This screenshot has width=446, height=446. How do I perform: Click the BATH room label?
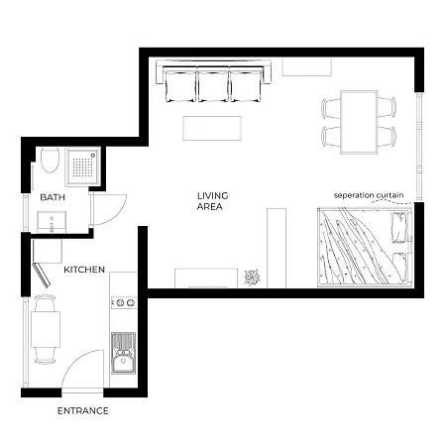[x=52, y=197]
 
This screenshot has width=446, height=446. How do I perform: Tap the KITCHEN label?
[x=84, y=270]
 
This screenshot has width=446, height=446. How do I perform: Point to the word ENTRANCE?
[x=82, y=410]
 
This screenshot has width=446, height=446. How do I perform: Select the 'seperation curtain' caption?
[x=370, y=194]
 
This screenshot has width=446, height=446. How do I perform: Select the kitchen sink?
[x=123, y=358]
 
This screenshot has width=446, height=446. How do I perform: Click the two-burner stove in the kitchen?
[x=123, y=301]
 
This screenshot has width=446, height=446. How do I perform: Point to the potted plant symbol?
[x=251, y=277]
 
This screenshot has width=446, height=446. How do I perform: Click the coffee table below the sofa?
[x=212, y=129]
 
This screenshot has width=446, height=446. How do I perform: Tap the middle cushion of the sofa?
[x=214, y=85]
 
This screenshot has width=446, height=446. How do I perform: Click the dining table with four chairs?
[x=359, y=121]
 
